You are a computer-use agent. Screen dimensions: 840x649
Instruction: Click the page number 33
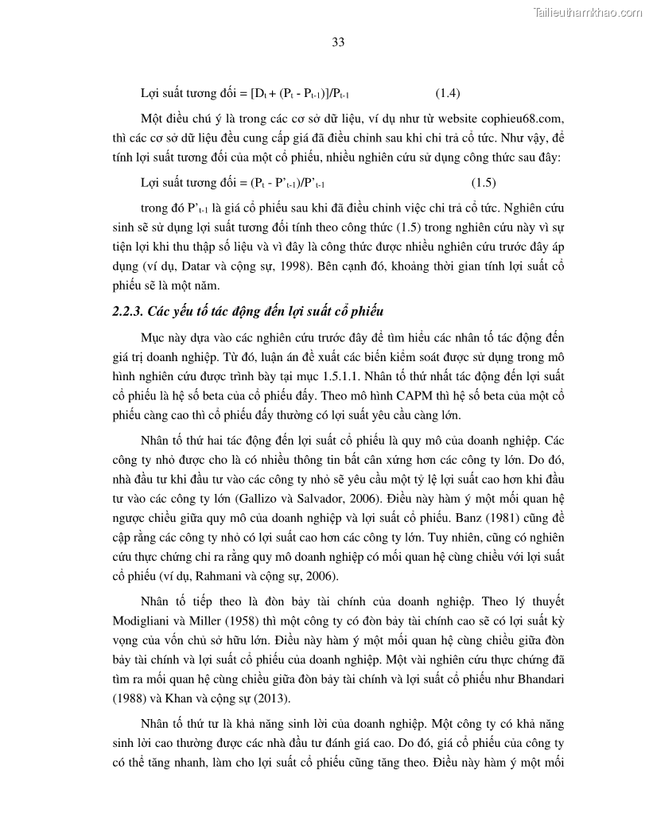[337, 43]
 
